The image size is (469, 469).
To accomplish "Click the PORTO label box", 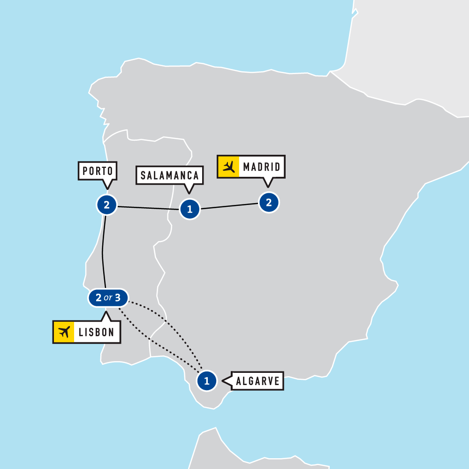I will [98, 171].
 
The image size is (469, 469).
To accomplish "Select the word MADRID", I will [261, 166].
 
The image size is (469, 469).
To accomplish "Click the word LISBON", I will [97, 332].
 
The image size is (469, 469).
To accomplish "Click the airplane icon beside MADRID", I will [229, 166].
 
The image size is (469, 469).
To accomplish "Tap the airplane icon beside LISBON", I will [64, 332].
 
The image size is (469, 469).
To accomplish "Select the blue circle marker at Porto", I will [106, 205].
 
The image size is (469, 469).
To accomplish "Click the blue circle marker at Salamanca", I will [190, 209].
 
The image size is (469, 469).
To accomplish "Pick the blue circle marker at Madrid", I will [269, 203].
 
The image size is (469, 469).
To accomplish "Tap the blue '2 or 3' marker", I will [108, 298].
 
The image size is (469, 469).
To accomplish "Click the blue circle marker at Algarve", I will [207, 380].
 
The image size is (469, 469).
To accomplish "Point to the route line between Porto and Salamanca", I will [148, 207].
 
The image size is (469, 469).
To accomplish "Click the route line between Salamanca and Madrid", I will [230, 206].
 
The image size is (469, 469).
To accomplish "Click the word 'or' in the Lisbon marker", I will [108, 298].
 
